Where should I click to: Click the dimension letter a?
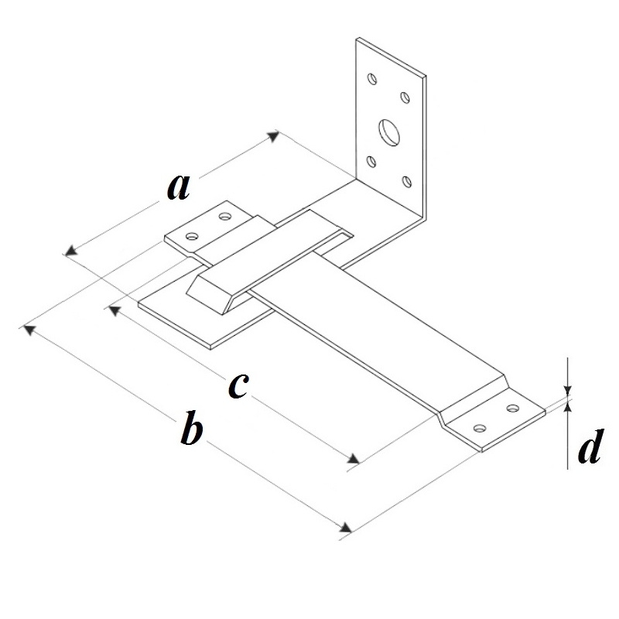point(179,187)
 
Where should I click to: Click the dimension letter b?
point(192,428)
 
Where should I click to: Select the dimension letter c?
point(238,385)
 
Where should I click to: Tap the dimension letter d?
point(590,446)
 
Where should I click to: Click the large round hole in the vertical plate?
point(389,132)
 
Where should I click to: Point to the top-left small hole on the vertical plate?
point(371,79)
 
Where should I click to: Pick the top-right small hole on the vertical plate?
point(405,97)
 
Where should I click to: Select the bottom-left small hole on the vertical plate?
point(371,162)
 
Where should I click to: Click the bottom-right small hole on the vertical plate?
point(407,182)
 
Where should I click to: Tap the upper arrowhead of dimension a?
point(274,135)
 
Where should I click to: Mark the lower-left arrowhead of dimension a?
point(71,251)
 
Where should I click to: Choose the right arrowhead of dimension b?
point(346,528)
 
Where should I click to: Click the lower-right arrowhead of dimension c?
point(354,458)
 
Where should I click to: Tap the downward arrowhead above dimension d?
point(568,391)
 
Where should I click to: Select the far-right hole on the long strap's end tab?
point(513,408)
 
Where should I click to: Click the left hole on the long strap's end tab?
point(480,428)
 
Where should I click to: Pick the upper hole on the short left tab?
point(225,216)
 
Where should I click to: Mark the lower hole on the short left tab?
point(192,236)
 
